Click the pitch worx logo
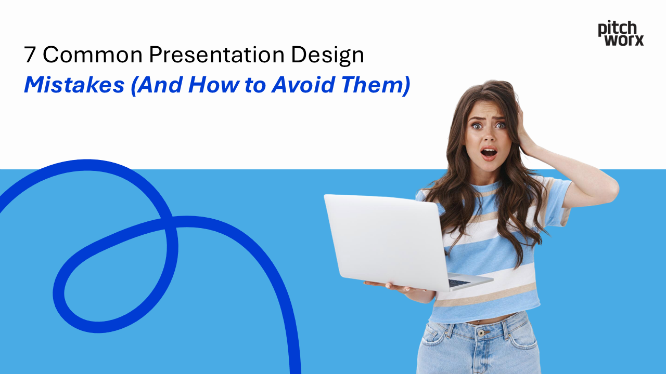[x=621, y=33]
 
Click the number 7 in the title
[x=30, y=55]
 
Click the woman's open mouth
[x=489, y=153]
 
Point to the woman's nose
[x=489, y=137]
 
